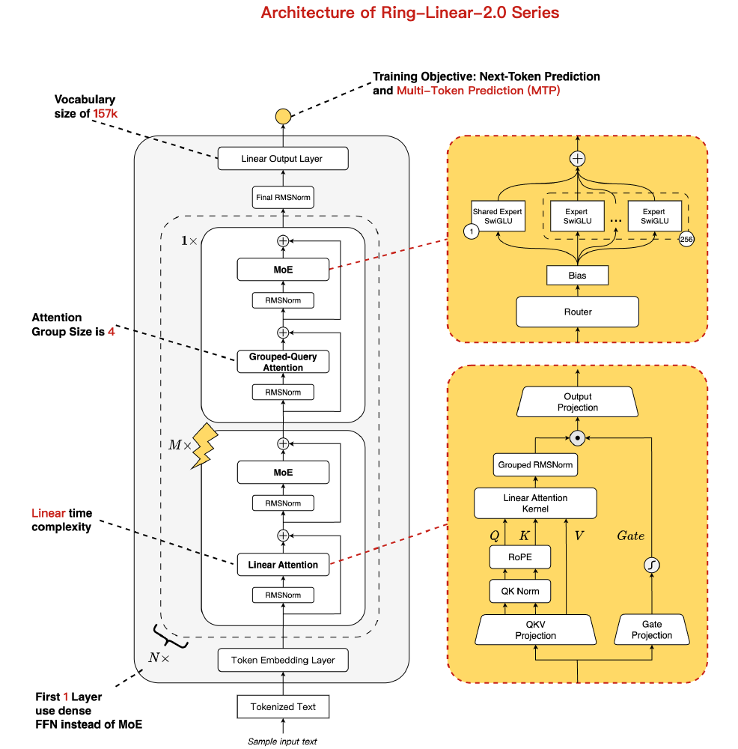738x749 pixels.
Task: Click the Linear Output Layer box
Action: [282, 159]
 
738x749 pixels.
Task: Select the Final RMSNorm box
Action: [282, 198]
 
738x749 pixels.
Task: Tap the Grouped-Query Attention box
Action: [282, 362]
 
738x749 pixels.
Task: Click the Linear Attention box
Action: [282, 565]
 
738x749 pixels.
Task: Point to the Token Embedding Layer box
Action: [282, 660]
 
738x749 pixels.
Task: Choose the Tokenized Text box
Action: [282, 706]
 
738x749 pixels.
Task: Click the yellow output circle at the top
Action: [282, 117]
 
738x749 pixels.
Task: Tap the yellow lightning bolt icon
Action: [204, 447]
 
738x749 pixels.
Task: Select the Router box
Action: [577, 312]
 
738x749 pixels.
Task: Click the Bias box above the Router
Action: [577, 276]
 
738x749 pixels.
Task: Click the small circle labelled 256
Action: [686, 239]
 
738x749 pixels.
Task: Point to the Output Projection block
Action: [577, 402]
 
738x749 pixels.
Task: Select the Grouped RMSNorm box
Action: [535, 465]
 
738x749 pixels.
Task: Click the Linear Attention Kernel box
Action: [535, 503]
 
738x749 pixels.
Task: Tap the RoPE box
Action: [519, 557]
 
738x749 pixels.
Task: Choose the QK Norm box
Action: [519, 591]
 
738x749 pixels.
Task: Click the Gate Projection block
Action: [651, 630]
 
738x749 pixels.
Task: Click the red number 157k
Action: [105, 113]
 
